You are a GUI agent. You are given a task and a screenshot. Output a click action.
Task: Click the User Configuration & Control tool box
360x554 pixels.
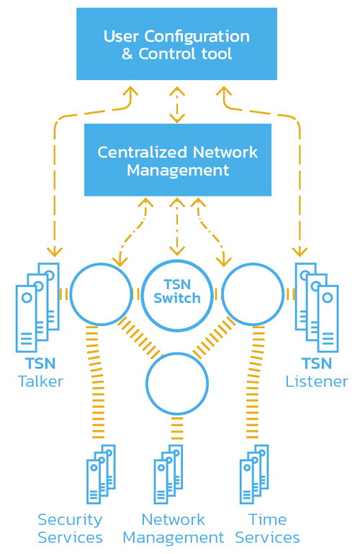pyautogui.click(x=176, y=44)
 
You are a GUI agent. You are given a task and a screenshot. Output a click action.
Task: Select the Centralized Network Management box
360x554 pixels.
pyautogui.click(x=177, y=160)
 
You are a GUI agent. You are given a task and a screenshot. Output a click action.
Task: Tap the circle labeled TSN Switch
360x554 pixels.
pyautogui.click(x=177, y=292)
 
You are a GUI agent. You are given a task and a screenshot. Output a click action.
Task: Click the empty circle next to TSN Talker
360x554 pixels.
pyautogui.click(x=100, y=294)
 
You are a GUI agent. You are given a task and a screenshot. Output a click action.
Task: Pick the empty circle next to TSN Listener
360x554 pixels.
pyautogui.click(x=253, y=294)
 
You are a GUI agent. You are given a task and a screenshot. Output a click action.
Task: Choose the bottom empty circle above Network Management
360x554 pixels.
pyautogui.click(x=177, y=383)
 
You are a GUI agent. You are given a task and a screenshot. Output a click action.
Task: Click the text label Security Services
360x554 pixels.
pyautogui.click(x=70, y=528)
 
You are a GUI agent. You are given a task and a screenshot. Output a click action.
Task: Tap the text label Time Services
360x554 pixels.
pyautogui.click(x=267, y=528)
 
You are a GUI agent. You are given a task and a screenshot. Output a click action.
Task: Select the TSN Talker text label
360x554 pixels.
pyautogui.click(x=40, y=372)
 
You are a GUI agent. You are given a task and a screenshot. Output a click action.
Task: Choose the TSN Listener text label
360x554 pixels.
pyautogui.click(x=317, y=372)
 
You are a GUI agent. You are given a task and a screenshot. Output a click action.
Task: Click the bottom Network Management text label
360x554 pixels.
pyautogui.click(x=173, y=528)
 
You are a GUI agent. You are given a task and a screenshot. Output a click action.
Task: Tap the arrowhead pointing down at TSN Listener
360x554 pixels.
pyautogui.click(x=299, y=251)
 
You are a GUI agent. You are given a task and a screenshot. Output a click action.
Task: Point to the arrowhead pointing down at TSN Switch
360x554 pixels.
pyautogui.click(x=177, y=251)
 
